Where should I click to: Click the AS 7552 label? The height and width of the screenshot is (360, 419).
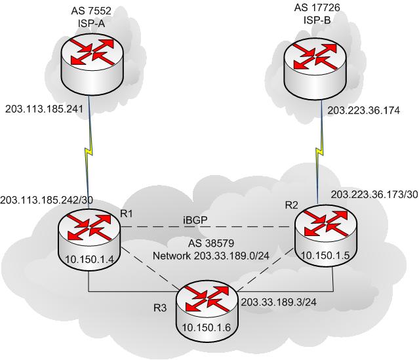[x=91, y=11]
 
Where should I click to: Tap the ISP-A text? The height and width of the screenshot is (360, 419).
[x=91, y=24]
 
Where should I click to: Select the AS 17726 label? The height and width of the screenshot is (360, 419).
[x=317, y=7]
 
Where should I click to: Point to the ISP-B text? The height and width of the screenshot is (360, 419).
[x=317, y=20]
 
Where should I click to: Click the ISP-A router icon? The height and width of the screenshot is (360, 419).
[x=92, y=64]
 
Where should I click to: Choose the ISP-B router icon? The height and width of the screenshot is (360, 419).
[x=315, y=68]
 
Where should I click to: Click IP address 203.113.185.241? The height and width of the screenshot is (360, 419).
[x=44, y=109]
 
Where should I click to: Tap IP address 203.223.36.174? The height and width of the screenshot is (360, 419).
[x=364, y=110]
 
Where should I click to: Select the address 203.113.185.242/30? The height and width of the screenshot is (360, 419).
[x=47, y=200]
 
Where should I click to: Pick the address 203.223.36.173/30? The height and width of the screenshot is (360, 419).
[x=374, y=195]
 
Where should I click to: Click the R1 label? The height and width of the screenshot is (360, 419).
[x=126, y=214]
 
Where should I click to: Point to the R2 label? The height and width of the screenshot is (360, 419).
[x=291, y=205]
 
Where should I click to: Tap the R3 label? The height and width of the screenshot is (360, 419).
[x=160, y=308]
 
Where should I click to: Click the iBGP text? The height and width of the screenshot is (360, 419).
[x=195, y=220]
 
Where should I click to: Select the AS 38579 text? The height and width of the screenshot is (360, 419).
[x=211, y=243]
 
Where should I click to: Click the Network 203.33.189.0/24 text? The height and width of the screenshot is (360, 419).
[x=211, y=256]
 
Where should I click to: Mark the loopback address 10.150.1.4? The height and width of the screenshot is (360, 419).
[x=90, y=259]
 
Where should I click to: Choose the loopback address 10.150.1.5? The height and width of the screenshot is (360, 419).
[x=325, y=256]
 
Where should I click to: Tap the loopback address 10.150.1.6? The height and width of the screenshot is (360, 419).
[x=207, y=327]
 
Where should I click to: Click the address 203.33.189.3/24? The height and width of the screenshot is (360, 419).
[x=279, y=302]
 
